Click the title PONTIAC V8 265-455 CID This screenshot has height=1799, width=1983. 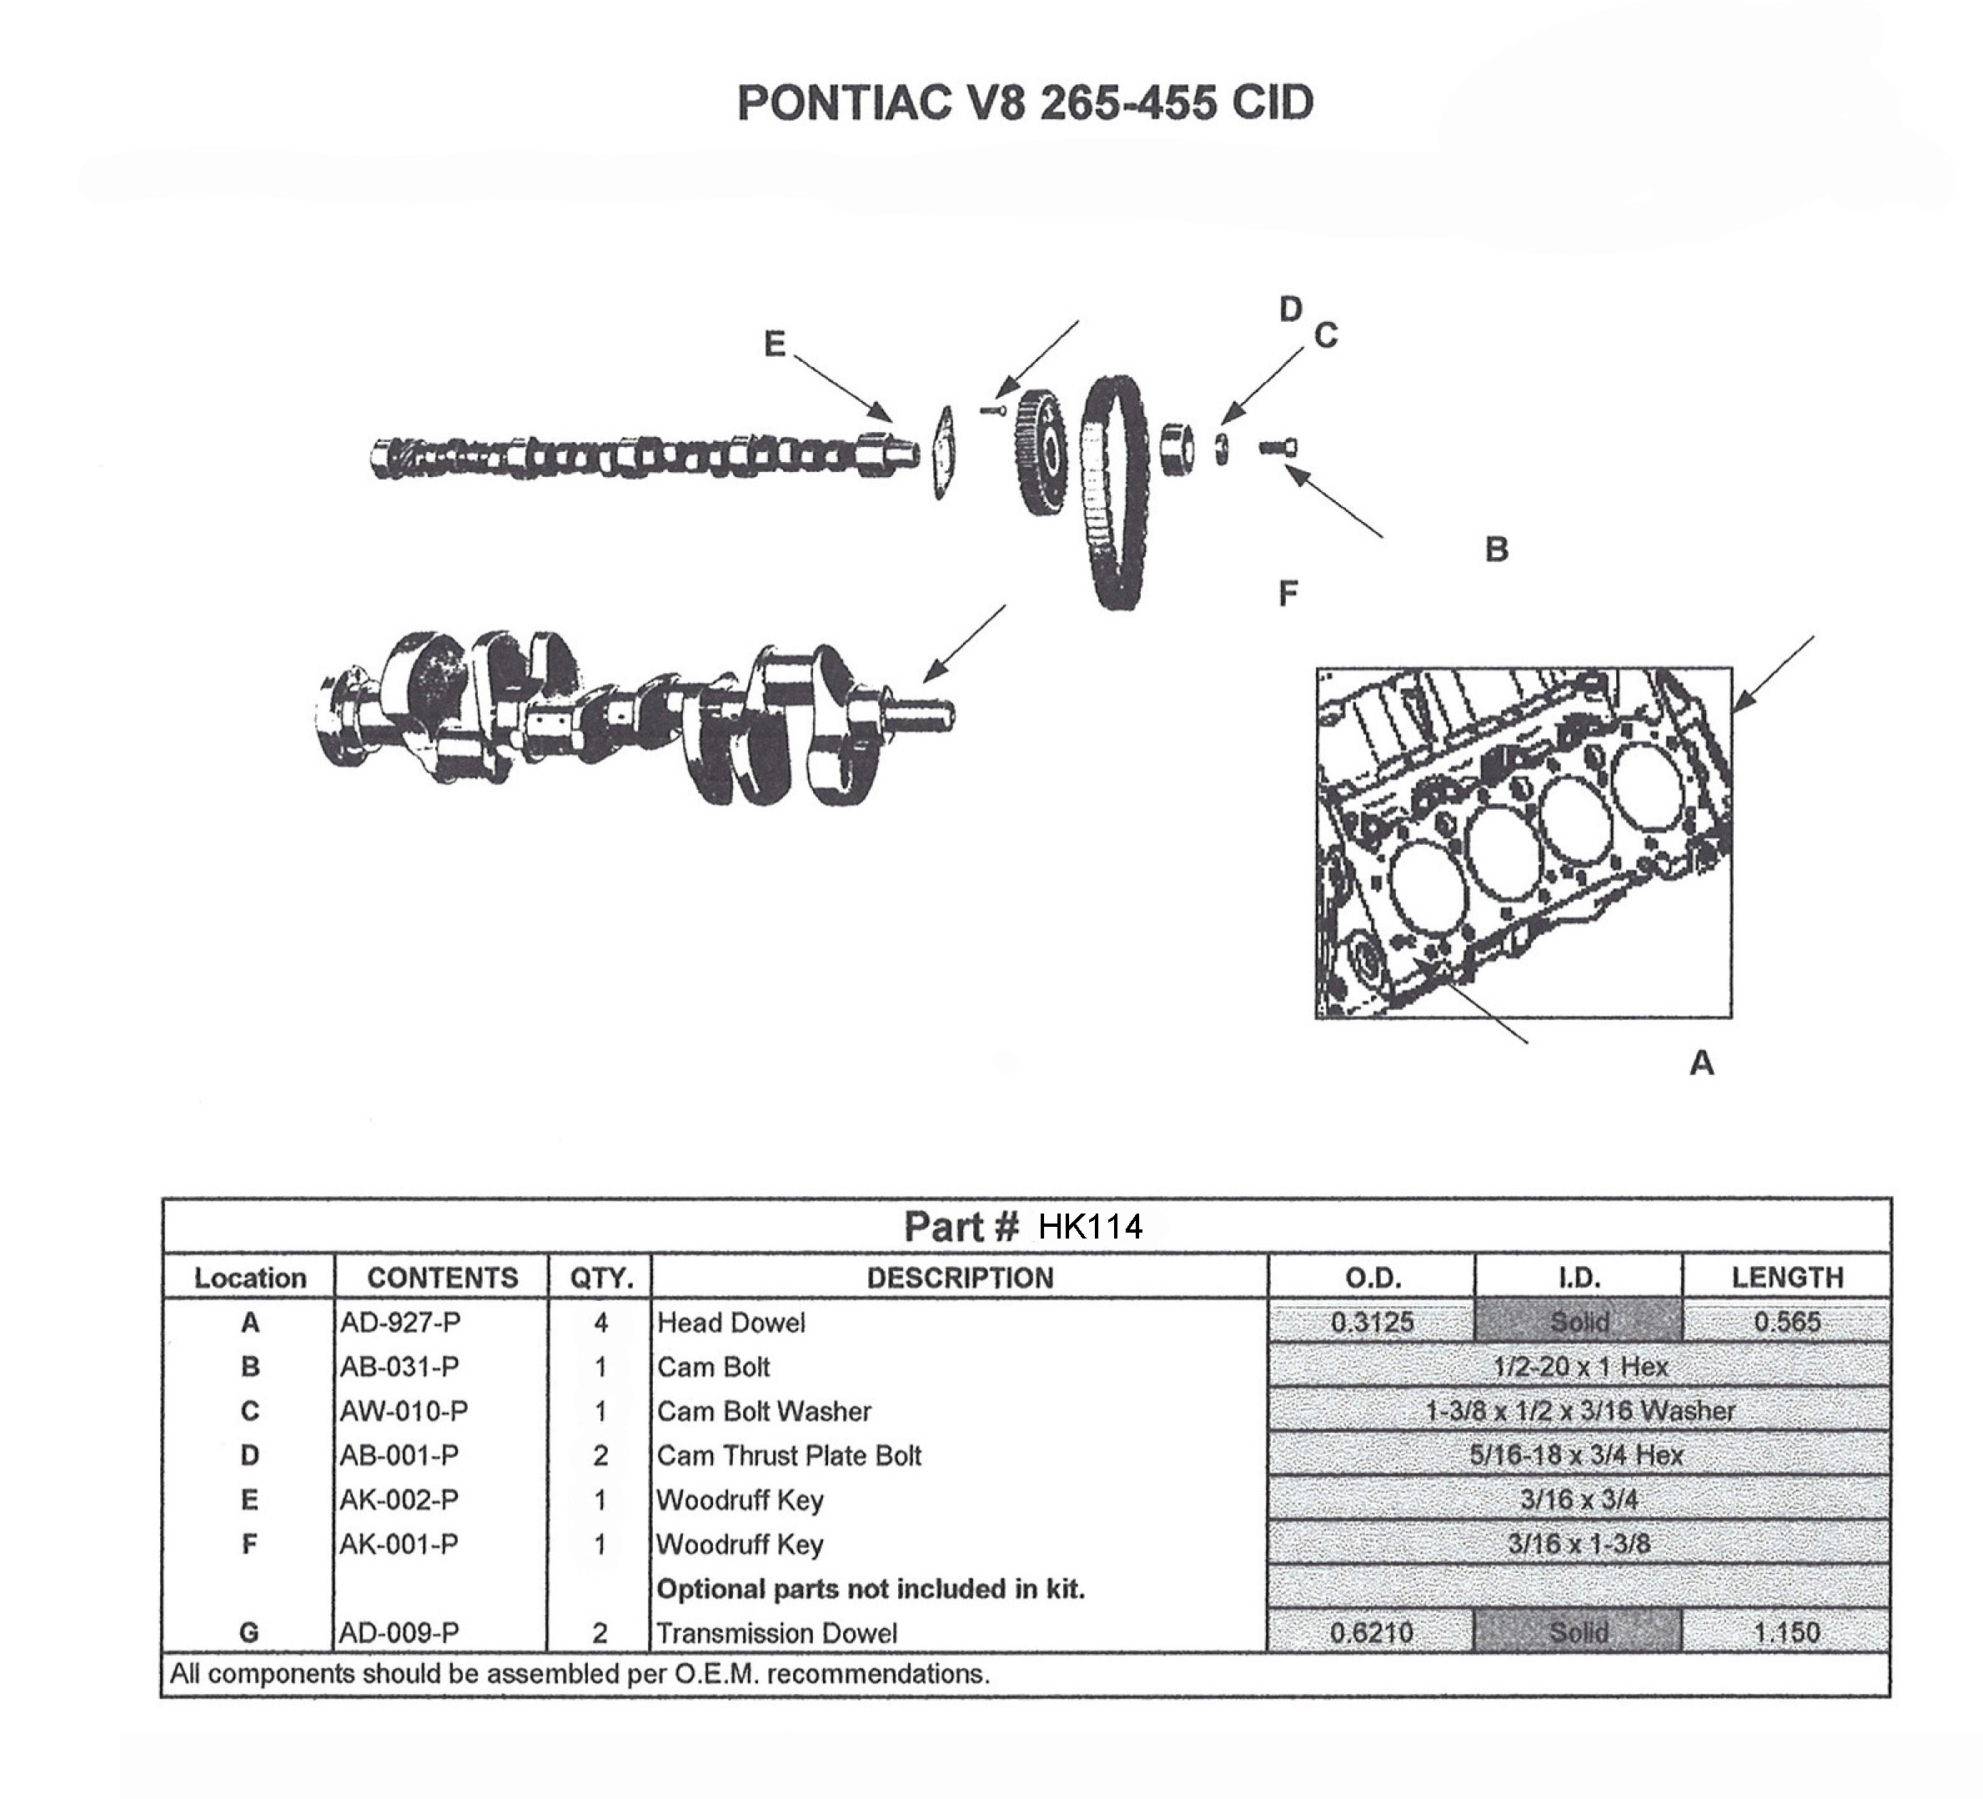[1025, 103]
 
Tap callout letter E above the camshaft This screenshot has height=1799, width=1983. [775, 344]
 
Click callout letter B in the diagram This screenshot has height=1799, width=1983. [1496, 549]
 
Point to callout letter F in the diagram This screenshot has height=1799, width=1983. [1288, 593]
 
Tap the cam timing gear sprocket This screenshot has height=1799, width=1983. [1039, 452]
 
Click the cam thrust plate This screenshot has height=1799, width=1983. [943, 452]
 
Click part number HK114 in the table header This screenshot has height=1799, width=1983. [1090, 1227]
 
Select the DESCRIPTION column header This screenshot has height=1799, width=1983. [960, 1278]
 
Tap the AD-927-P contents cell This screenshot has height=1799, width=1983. [400, 1323]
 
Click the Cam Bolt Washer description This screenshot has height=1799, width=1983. [765, 1411]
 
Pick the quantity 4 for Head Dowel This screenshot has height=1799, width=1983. [600, 1323]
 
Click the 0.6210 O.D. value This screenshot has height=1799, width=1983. [1371, 1633]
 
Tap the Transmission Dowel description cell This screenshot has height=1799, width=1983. [777, 1633]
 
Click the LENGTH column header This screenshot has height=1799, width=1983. [1787, 1277]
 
